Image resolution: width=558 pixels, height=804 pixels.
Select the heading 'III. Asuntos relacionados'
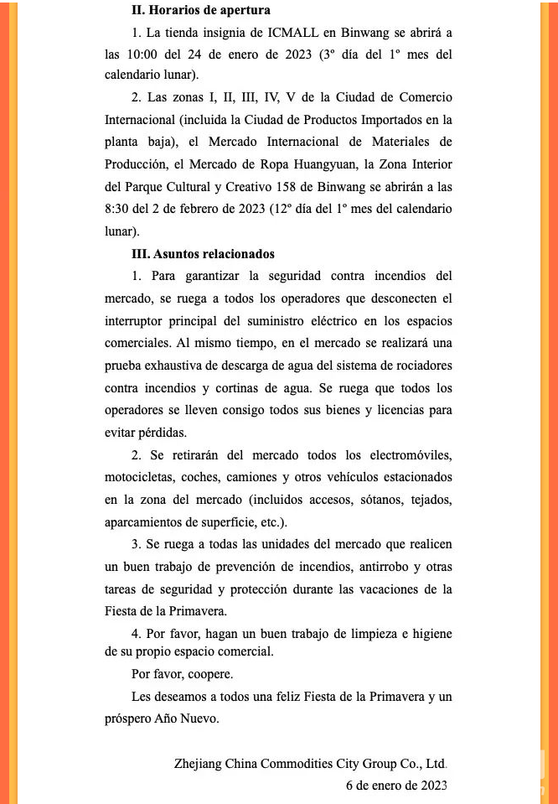tap(203, 254)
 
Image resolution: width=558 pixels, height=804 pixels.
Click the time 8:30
tap(118, 209)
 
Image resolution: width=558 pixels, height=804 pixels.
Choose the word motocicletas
tap(142, 477)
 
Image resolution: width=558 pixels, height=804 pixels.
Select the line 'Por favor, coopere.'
tap(182, 674)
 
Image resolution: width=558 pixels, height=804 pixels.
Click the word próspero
tap(130, 718)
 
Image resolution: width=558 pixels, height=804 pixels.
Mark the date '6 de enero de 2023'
tap(395, 786)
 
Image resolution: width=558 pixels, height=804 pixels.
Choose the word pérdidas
tap(158, 432)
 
